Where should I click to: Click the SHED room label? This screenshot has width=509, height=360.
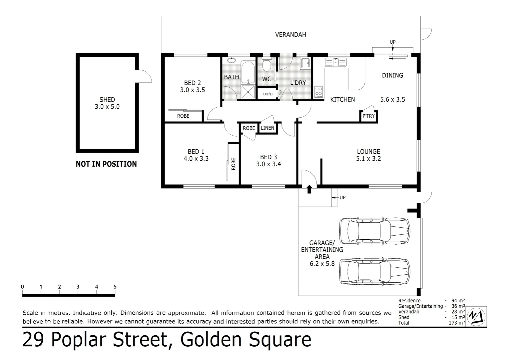tap(107, 100)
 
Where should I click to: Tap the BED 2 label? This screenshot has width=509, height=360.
tap(193, 83)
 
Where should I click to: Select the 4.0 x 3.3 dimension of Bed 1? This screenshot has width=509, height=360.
tap(196, 159)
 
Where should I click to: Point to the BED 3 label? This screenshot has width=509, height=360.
tap(268, 157)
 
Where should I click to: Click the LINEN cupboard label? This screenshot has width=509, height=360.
tap(267, 128)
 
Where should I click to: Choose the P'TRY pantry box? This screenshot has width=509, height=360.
tap(368, 116)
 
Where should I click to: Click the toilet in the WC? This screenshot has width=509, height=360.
tap(266, 65)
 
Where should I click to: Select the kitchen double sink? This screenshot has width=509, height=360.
tap(336, 62)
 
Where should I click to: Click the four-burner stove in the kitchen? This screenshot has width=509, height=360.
tap(319, 92)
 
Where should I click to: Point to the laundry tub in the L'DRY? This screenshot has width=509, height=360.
tap(305, 63)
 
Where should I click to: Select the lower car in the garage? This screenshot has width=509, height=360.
tap(374, 272)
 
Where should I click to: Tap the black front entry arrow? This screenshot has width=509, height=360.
tap(309, 189)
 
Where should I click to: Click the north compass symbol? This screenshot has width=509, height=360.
tap(476, 316)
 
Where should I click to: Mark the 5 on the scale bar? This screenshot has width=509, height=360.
tap(115, 287)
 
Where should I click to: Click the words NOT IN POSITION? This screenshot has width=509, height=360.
tap(106, 164)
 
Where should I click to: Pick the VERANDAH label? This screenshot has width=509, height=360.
tap(290, 35)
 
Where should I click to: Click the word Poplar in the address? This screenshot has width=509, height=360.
tap(81, 340)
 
